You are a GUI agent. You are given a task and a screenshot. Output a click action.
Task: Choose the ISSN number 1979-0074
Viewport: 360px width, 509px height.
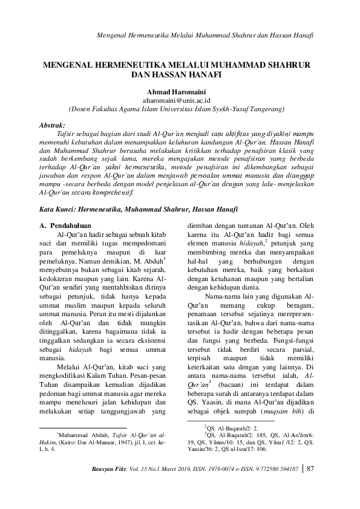pos(234,469)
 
